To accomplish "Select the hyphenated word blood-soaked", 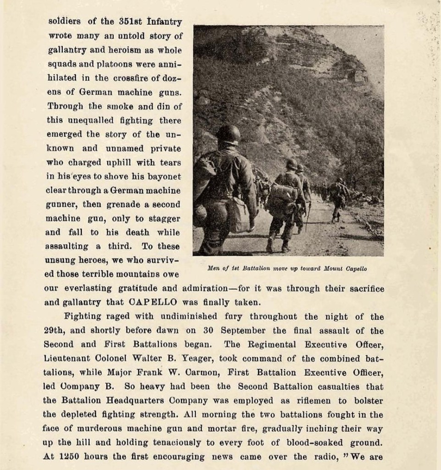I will pos(333,443).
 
